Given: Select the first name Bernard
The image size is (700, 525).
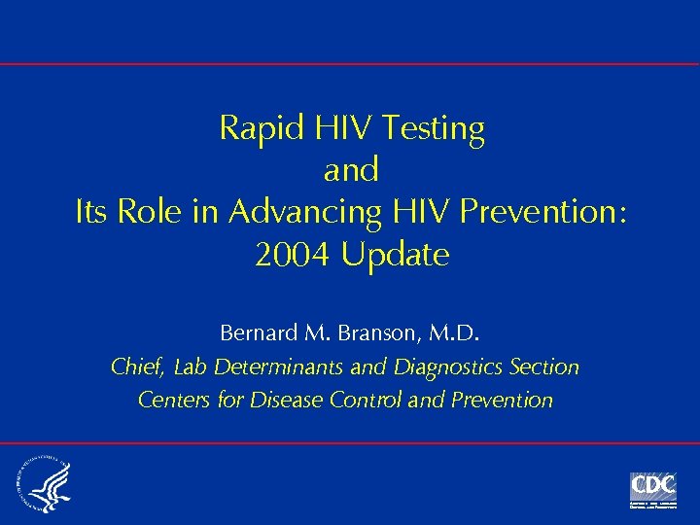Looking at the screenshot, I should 258,333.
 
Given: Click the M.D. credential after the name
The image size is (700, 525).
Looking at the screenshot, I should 451,333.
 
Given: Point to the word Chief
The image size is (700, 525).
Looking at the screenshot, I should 140,367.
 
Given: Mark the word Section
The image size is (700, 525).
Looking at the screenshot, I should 544,367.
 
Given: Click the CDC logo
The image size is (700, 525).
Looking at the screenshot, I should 652,489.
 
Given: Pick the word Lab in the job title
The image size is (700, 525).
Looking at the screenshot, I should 192,367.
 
